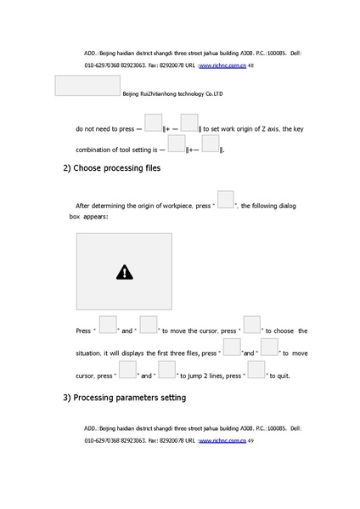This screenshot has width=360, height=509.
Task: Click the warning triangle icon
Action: coord(125,273)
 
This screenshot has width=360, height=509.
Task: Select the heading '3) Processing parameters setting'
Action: coord(124,398)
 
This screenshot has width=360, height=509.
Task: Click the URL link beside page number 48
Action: coord(222,65)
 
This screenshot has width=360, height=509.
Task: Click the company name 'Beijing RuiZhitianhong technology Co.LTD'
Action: coord(172,94)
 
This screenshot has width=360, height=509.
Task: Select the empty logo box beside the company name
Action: coord(87,86)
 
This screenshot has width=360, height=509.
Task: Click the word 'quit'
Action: coord(282,375)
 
